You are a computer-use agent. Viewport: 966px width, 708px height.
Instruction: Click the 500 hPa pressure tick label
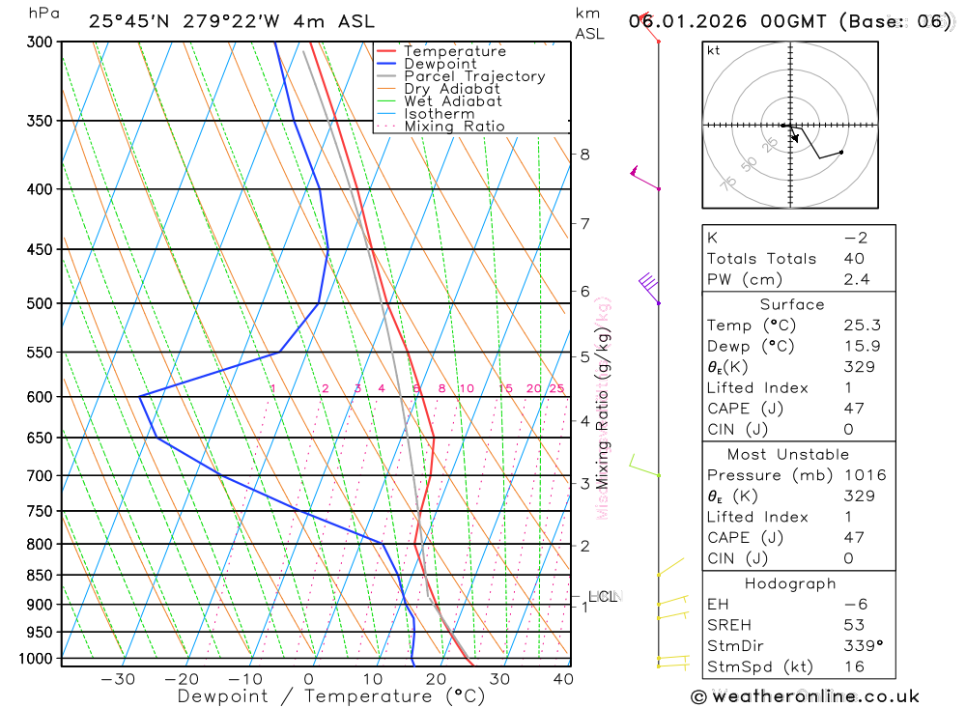coord(41,303)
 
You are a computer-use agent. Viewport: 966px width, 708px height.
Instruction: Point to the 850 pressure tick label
coord(41,576)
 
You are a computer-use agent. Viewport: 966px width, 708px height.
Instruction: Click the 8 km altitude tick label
coord(584,155)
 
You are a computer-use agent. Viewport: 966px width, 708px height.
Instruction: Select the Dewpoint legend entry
coord(440,64)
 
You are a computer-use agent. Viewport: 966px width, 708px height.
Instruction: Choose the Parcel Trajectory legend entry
coord(474,76)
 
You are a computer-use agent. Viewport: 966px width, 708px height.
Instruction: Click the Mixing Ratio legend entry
coord(454,127)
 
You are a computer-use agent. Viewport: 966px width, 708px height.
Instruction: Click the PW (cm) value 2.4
coord(856,280)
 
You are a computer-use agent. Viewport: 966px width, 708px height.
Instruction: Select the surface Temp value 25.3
coord(862,326)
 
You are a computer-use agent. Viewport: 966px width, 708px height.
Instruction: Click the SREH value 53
coord(853,625)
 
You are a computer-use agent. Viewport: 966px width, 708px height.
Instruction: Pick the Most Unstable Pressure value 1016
coord(863,475)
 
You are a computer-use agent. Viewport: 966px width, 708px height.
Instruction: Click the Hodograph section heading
coord(791,583)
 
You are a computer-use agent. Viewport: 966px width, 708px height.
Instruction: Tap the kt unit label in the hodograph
coord(714,50)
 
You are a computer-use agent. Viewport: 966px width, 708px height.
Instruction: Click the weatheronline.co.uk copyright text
coord(805,696)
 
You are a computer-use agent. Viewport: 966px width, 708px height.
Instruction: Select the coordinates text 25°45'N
coord(127,21)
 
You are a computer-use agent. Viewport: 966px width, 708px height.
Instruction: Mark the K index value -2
coord(853,238)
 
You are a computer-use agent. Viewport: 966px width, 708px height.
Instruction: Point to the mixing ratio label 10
coord(466,389)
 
